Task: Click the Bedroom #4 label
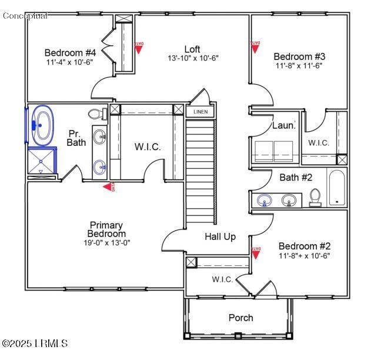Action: [70, 52]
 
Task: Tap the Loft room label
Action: [193, 49]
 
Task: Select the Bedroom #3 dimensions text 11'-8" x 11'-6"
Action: [298, 65]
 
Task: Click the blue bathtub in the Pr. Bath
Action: [42, 125]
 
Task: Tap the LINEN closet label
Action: [201, 111]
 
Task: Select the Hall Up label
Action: [220, 236]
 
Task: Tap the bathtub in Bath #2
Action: [338, 188]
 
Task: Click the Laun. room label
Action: [283, 125]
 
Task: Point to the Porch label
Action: [241, 318]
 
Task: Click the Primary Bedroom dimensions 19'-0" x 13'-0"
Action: [106, 242]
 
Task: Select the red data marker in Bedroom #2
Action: [256, 252]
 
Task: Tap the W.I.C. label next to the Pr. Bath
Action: [147, 146]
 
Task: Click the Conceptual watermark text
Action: [25, 15]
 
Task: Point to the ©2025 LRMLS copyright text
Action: [35, 343]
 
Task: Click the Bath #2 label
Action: [296, 177]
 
